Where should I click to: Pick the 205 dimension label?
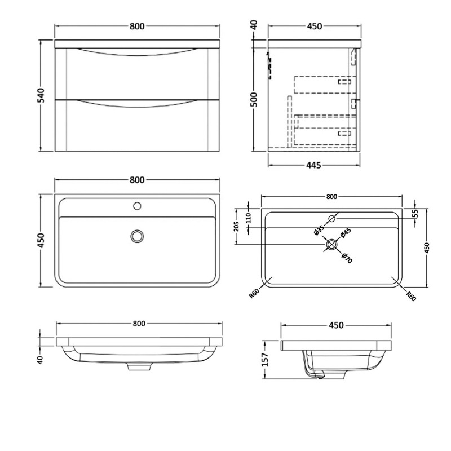click(237, 227)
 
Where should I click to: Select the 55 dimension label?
click(415, 213)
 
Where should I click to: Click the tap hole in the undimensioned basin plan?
click(136, 206)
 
